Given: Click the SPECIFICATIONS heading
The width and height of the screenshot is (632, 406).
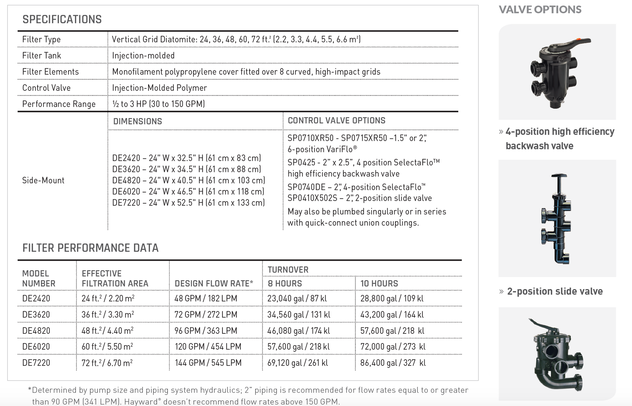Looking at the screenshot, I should pos(62,19).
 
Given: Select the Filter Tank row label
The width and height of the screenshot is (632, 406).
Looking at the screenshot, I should pos(42,56).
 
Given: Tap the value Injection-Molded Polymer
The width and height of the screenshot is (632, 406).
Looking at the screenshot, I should pos(159,88).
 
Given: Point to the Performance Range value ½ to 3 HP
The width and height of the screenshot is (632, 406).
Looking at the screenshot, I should pos(158,104).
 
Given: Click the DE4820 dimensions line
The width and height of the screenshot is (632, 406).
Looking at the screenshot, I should pos(189,180).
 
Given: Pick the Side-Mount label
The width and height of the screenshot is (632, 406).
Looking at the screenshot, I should pos(43,180).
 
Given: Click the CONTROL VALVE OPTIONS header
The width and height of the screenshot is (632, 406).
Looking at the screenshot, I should pos(336,121).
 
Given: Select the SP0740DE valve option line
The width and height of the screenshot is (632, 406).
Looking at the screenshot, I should pos(356,187).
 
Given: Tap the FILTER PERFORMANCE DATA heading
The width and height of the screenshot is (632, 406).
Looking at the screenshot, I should pos(90,248).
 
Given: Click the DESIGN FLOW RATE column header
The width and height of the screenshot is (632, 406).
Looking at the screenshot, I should pos(214,284).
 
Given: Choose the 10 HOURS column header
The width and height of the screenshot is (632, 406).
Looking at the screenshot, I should pos(379,284).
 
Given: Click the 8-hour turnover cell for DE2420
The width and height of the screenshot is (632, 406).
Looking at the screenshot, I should pos(297,298).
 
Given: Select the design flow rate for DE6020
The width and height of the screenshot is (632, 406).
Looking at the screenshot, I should pos(208,346).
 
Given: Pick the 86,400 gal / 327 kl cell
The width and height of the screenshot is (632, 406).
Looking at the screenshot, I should pos(393,363).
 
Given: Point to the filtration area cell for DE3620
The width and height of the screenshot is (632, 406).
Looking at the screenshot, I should pos(108,314).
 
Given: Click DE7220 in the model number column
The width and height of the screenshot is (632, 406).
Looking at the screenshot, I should pos(36,363).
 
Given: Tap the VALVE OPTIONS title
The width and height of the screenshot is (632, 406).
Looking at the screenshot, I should pos(540,10).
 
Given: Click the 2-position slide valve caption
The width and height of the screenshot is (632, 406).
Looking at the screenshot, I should pos(555,291).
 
